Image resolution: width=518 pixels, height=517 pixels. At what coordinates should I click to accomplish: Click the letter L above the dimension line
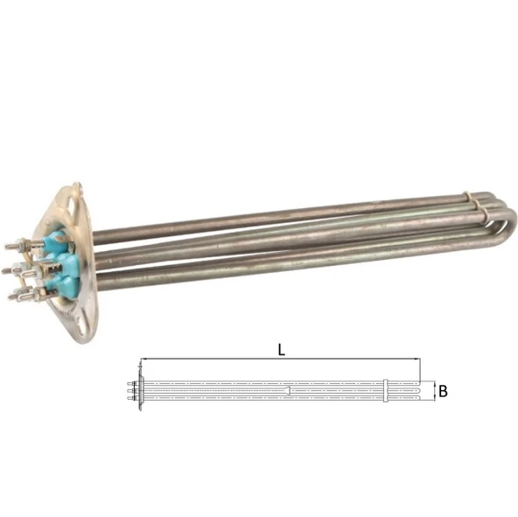coord(281,350)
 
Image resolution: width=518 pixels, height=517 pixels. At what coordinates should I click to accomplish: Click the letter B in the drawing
coord(443,391)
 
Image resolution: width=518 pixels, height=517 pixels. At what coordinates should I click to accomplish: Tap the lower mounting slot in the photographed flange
coord(80,324)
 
